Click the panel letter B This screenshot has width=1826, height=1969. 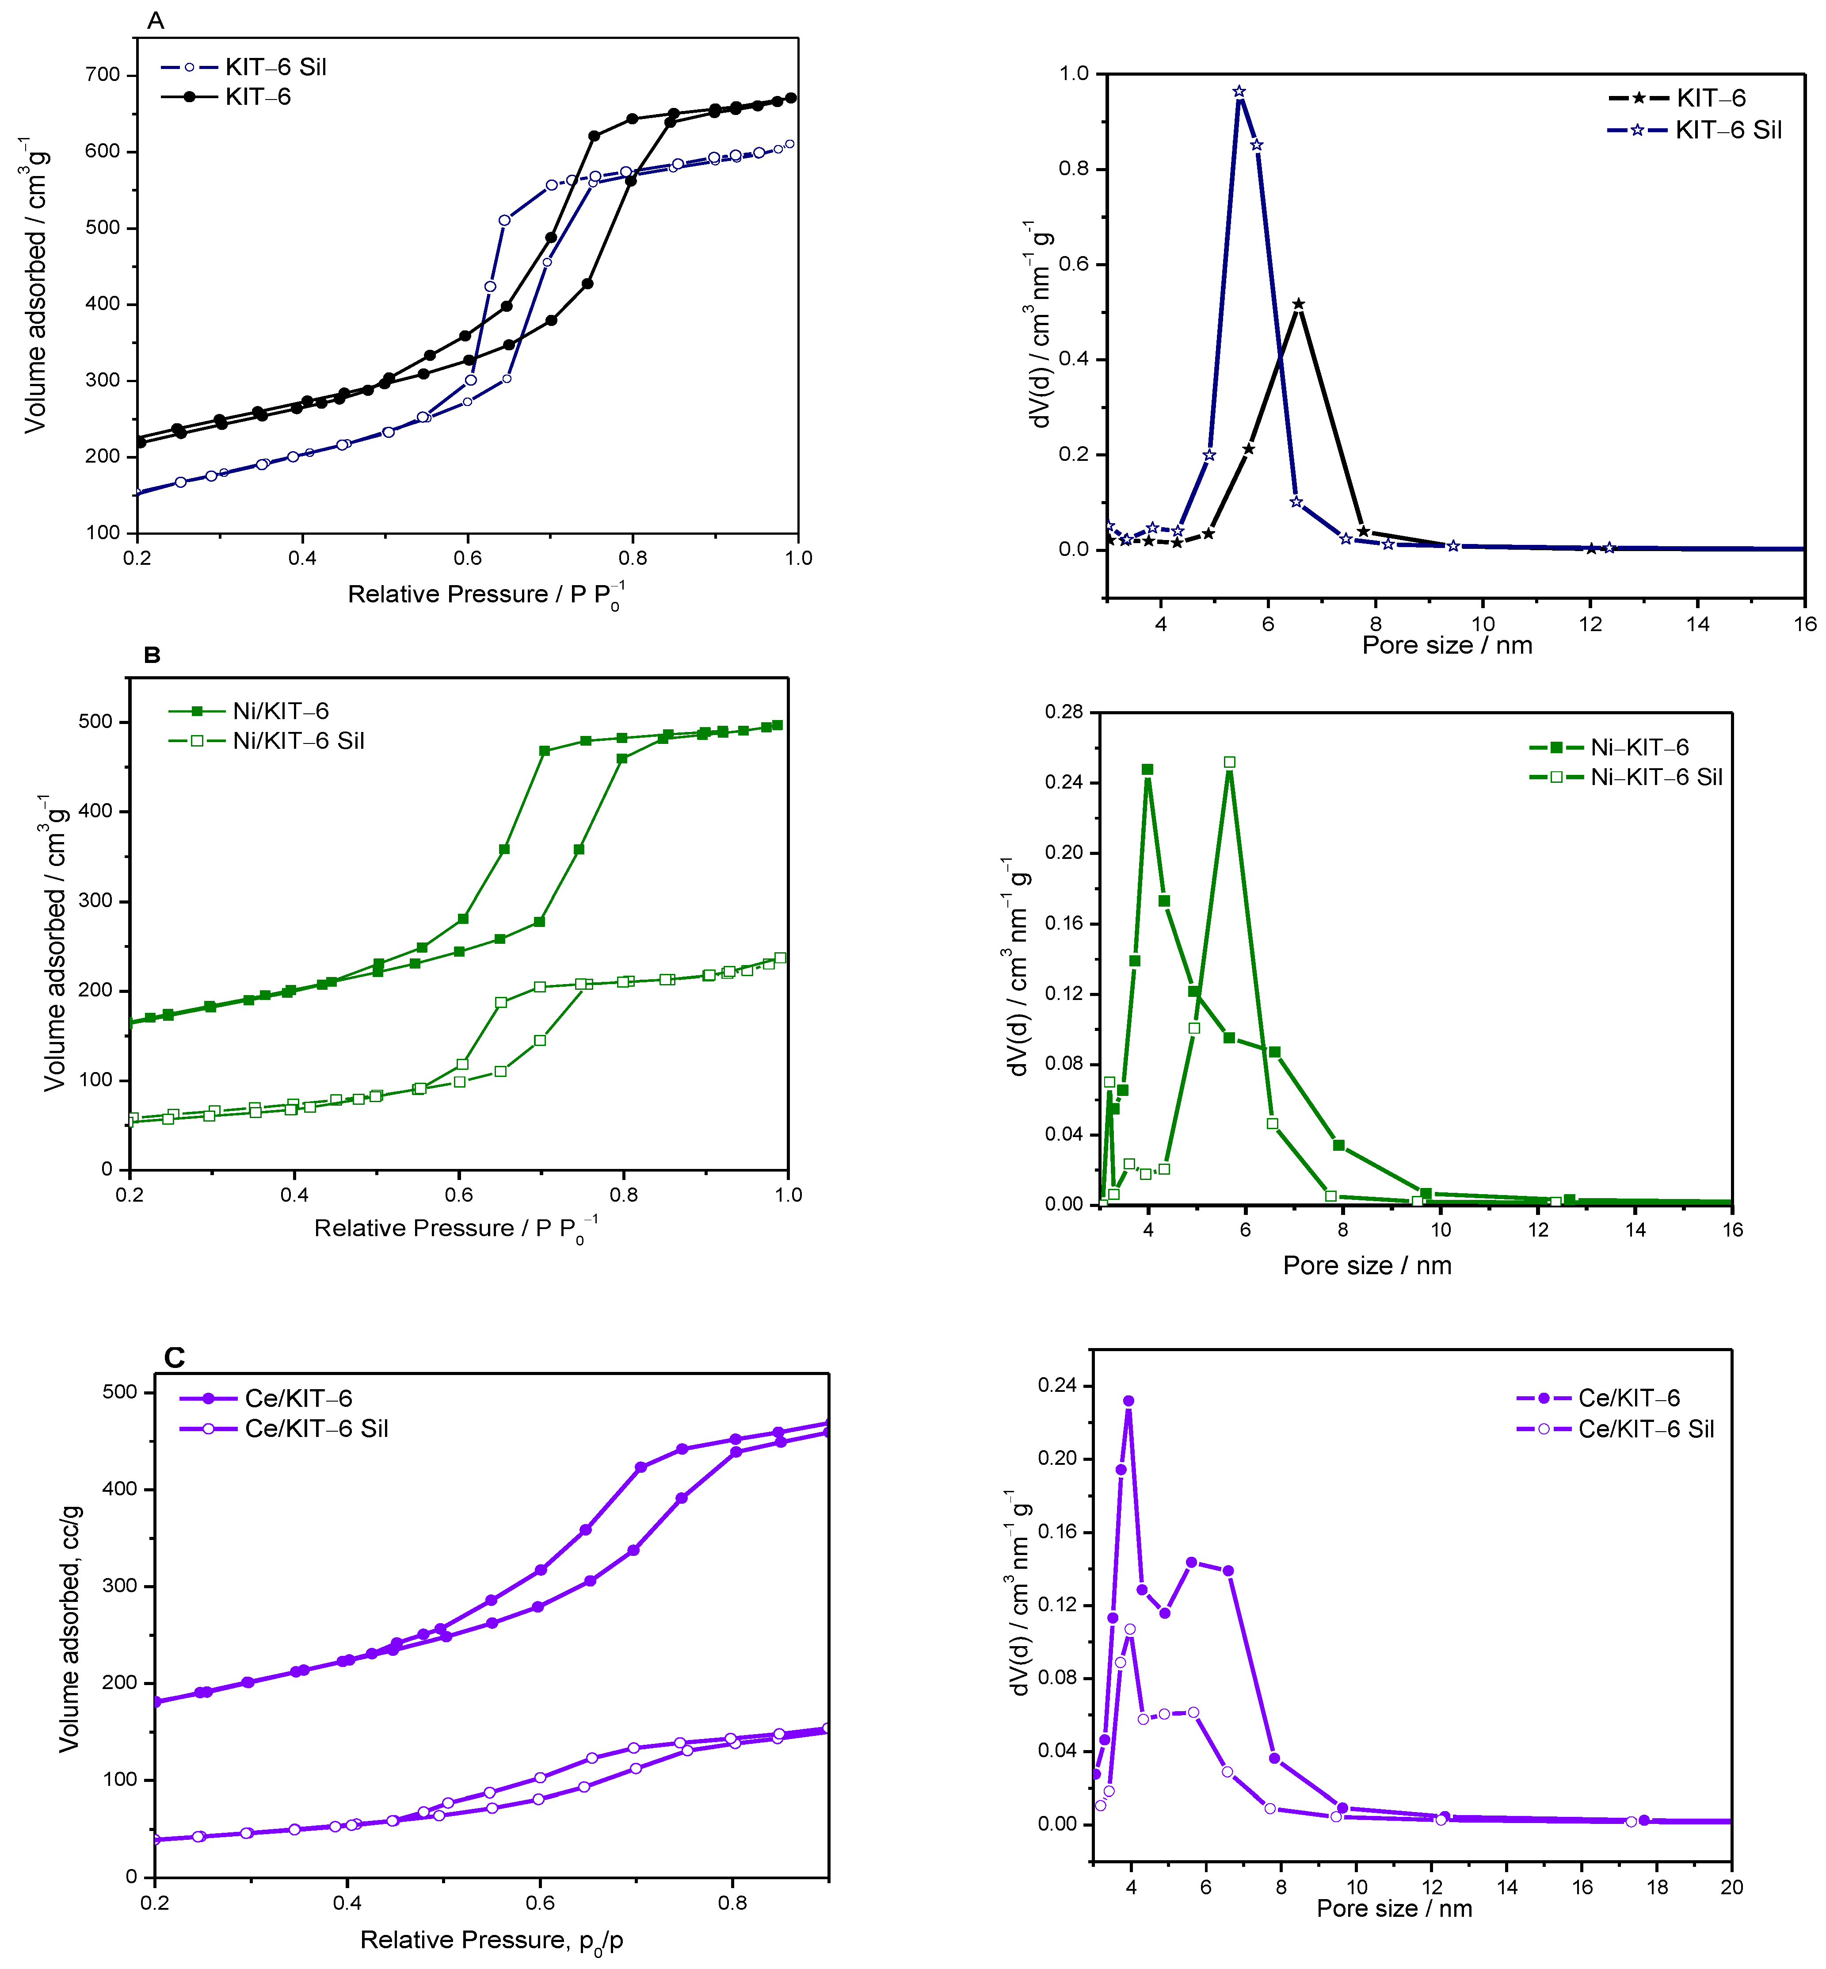click(x=152, y=655)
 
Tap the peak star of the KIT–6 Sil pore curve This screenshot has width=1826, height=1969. click(x=1239, y=92)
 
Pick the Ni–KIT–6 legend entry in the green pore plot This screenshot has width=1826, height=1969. click(x=1638, y=747)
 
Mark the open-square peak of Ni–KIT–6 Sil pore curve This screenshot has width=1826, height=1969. click(x=1229, y=762)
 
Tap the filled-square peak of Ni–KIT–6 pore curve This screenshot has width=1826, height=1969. click(x=1147, y=769)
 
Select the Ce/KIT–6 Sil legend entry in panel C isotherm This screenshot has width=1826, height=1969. click(x=316, y=1428)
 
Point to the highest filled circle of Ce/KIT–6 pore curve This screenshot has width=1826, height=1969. click(x=1128, y=1401)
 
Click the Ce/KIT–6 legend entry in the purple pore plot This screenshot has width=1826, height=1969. click(x=1628, y=1398)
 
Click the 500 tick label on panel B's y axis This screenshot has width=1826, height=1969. click(x=96, y=722)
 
